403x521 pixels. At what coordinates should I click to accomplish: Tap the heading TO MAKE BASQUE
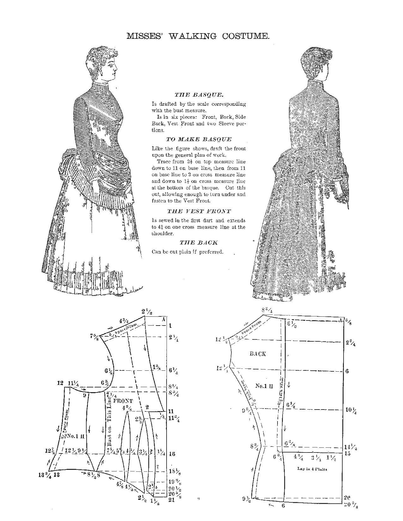click(199, 139)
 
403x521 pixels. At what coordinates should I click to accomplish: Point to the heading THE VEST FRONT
click(199, 211)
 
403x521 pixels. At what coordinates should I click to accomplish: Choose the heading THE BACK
click(199, 243)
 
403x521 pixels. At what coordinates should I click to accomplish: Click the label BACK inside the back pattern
click(258, 354)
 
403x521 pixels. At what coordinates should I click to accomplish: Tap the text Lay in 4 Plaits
click(312, 469)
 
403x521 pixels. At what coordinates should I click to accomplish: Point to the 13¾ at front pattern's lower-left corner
click(45, 475)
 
